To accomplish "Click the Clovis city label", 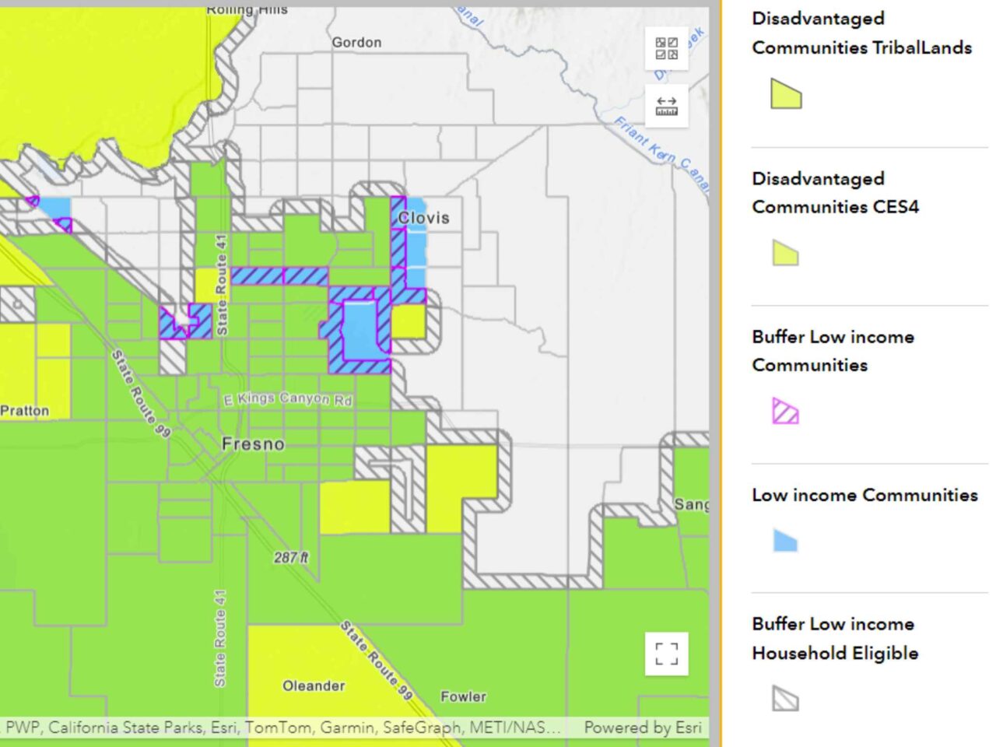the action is tap(423, 218).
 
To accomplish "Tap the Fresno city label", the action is tap(253, 444).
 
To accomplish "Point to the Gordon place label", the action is tap(356, 43).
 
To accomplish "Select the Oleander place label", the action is tap(314, 686).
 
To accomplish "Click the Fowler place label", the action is tap(463, 696).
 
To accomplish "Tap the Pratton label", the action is tap(25, 411).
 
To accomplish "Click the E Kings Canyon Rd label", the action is tap(288, 399).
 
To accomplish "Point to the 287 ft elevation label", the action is tap(291, 557).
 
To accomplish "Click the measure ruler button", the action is tap(667, 106).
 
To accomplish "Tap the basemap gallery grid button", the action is tap(667, 48).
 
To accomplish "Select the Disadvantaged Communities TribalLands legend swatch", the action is tap(786, 94).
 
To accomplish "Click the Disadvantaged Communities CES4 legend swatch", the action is tap(785, 253).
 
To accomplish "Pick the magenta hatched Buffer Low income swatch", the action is tap(785, 411).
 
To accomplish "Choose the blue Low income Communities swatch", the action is tap(785, 540).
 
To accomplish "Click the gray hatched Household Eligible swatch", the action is tap(785, 698).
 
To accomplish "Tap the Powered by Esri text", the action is tap(643, 728).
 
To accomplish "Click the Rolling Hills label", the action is tap(247, 9).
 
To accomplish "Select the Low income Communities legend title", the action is tap(864, 495).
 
